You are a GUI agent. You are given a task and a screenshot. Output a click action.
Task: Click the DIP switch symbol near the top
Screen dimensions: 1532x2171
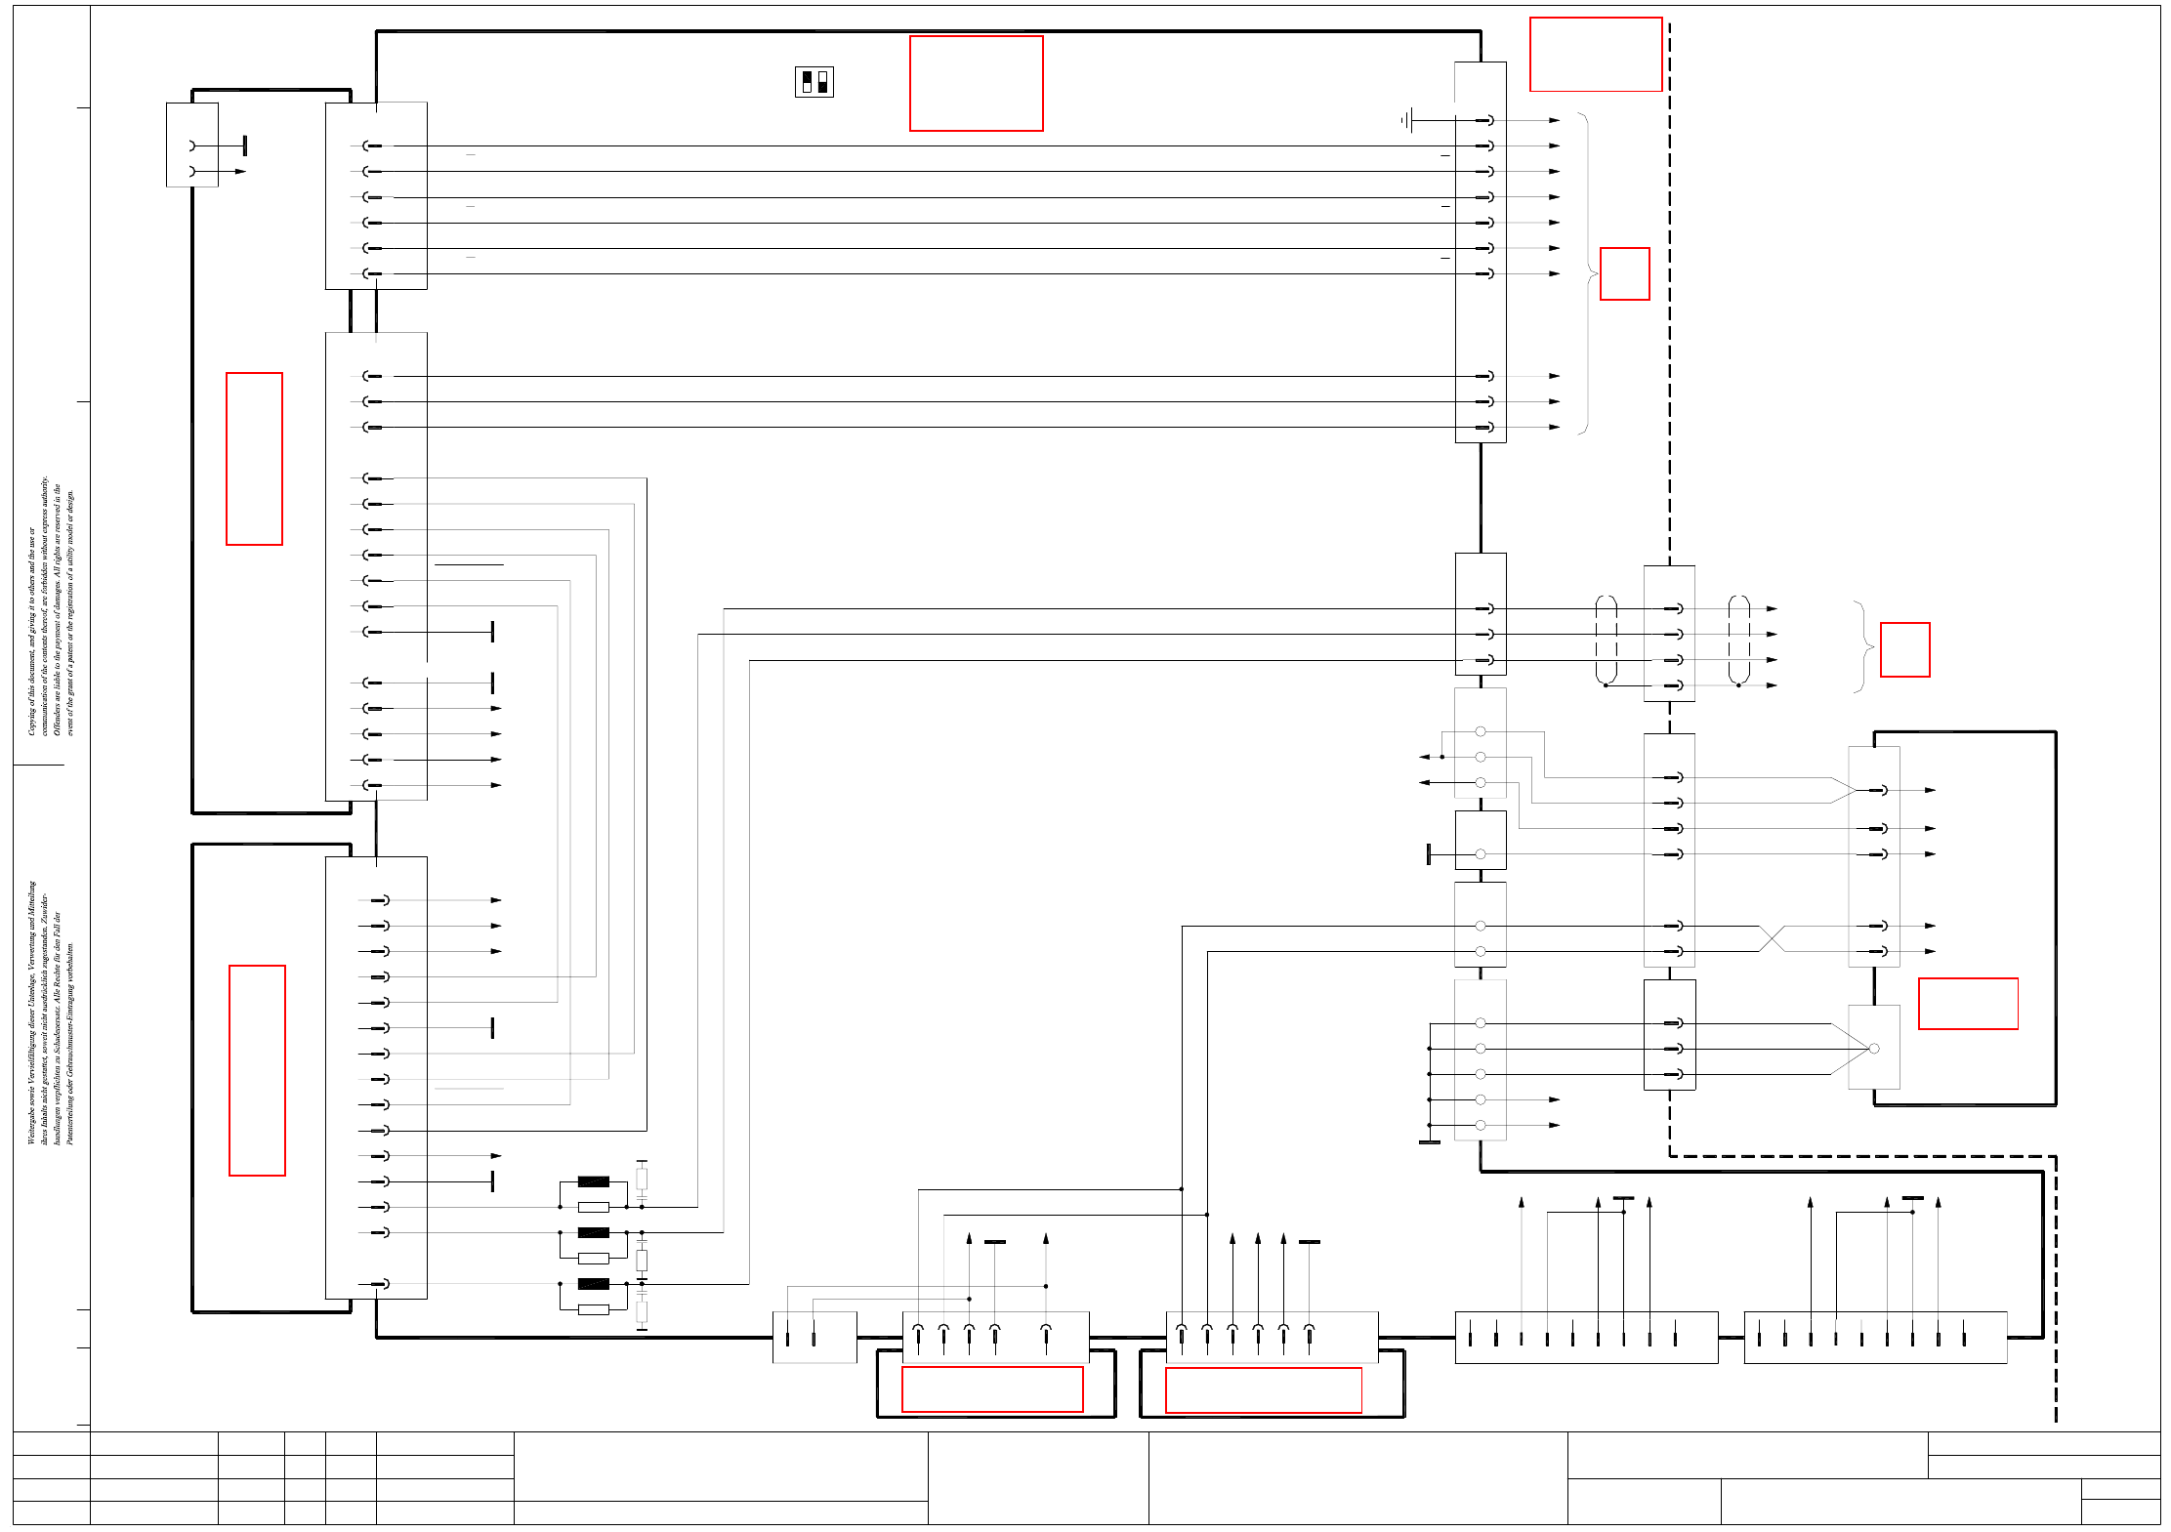(814, 82)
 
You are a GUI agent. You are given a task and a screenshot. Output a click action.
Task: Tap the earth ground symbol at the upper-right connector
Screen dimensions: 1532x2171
(1406, 121)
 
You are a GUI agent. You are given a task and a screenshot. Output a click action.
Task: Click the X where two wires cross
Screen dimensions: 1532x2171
(1772, 938)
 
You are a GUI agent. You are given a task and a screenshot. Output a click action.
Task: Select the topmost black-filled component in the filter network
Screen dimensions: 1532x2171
(593, 1181)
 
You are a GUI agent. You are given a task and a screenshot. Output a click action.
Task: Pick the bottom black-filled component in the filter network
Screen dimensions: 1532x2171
(593, 1284)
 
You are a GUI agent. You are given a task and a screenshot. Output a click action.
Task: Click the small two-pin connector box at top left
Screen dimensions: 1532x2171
(192, 145)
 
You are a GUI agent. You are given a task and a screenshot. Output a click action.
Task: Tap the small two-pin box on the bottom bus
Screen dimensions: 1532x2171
(814, 1337)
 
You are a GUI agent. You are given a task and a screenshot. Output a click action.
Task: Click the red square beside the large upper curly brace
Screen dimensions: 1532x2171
(1624, 273)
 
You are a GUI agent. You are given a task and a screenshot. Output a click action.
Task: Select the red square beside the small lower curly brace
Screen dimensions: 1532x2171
(1904, 649)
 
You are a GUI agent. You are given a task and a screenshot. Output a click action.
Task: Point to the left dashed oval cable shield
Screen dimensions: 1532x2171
(1606, 640)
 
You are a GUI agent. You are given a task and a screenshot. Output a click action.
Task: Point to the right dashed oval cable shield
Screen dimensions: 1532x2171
(1738, 640)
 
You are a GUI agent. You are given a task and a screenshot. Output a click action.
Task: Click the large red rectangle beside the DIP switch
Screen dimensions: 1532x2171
(976, 83)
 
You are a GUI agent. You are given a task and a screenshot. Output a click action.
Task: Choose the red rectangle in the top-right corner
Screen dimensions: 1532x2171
(1595, 54)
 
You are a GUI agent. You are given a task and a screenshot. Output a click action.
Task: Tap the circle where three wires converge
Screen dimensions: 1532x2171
(1873, 1049)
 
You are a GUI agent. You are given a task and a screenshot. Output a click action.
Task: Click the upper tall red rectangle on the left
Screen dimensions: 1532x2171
(254, 458)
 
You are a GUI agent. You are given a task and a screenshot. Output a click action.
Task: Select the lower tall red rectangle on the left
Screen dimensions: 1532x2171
(257, 1070)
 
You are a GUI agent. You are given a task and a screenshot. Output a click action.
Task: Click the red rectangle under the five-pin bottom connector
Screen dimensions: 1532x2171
(991, 1388)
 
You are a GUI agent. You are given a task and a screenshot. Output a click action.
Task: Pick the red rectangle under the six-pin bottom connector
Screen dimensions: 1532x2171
(1263, 1389)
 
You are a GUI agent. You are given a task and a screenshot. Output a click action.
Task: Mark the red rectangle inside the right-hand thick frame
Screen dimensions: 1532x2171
(1967, 1003)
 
